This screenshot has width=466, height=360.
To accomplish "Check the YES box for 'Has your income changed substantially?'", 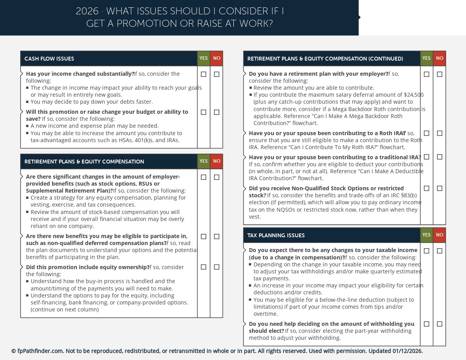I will pos(203,74).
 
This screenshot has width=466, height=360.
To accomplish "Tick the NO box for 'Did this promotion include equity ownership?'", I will pos(217,267).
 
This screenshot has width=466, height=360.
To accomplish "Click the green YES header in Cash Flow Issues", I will pos(203,58).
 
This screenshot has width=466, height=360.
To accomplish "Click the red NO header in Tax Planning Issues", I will pos(440,235).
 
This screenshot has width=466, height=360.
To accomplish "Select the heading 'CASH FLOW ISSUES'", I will pos(49,59).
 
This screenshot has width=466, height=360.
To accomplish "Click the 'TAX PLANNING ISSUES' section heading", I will pos(276,235).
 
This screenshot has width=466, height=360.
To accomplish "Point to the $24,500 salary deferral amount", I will pos(414,95).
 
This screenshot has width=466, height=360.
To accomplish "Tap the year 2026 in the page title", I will pos(87,11).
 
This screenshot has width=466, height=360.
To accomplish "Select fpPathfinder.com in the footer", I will pos(40,351).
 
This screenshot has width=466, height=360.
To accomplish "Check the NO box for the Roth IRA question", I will pos(440,133).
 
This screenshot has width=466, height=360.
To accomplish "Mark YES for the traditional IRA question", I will pos(426,157).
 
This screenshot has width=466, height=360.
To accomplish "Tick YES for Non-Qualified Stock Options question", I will pos(426,188).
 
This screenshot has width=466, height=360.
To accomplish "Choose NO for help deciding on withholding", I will pos(440,324).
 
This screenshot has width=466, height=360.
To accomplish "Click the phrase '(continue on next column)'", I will pos(64,310).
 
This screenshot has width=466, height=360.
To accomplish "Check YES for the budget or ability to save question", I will pos(203,112).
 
